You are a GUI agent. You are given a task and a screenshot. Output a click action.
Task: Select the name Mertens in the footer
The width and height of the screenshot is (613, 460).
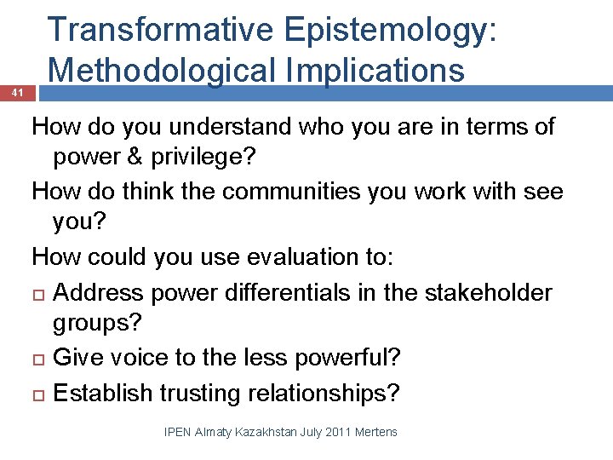pos(377,433)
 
